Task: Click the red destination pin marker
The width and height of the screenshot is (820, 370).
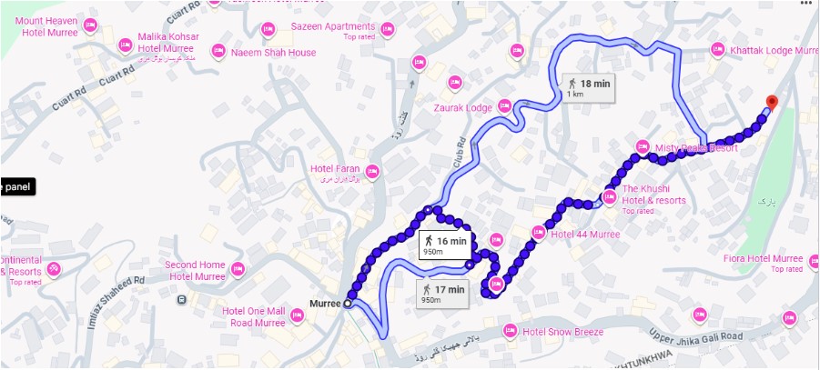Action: (x=772, y=102)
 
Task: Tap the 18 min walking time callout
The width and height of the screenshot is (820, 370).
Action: (x=587, y=87)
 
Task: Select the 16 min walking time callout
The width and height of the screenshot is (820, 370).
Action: (x=444, y=245)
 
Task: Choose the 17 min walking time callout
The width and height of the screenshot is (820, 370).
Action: (x=443, y=293)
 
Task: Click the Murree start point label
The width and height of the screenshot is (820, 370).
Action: (x=324, y=303)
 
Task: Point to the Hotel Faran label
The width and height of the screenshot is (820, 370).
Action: (x=334, y=169)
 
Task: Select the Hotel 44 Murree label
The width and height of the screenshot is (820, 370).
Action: (x=585, y=234)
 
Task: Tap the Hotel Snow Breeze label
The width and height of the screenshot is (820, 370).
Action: (x=562, y=332)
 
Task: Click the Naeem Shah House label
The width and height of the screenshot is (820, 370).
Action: (x=274, y=53)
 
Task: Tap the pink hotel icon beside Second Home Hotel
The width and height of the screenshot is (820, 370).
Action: (x=238, y=269)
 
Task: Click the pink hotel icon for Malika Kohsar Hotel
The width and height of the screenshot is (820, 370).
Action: (x=125, y=44)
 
